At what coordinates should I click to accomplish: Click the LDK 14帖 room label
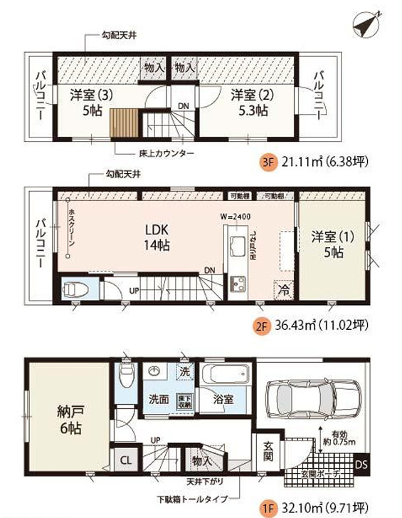tap(157, 238)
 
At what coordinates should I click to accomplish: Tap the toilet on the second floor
tap(74, 290)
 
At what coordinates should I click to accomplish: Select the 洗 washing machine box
tap(184, 372)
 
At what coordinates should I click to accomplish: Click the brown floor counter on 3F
tap(124, 125)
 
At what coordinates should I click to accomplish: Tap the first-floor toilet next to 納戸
tap(126, 375)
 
